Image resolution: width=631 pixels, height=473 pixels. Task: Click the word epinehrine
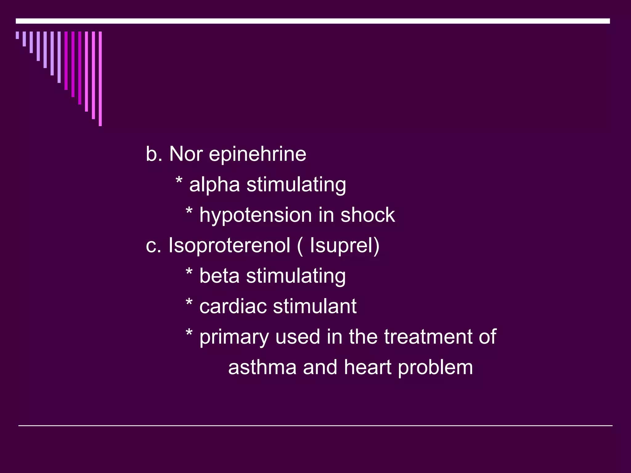pos(258,155)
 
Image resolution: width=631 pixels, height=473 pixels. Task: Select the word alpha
pos(214,185)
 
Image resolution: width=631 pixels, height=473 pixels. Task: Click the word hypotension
pos(255,216)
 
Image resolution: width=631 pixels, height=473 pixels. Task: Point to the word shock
pos(368,215)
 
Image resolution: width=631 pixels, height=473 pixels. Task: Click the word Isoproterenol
pos(229,245)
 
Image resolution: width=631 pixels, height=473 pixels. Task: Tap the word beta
pos(219,276)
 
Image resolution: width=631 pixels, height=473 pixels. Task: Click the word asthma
pos(262,367)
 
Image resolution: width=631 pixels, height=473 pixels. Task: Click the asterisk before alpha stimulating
pos(179,180)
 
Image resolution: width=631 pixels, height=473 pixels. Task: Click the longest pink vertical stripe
pos(100,79)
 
